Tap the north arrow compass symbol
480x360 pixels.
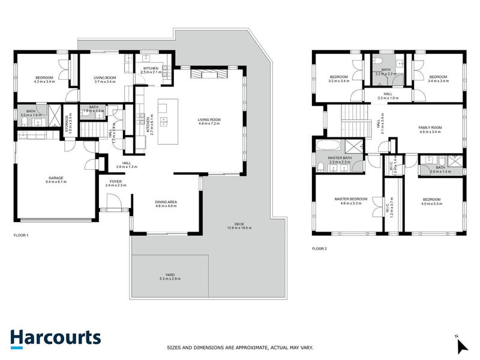461,345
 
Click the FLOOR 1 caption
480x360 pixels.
22,235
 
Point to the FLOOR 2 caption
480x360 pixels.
319,248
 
